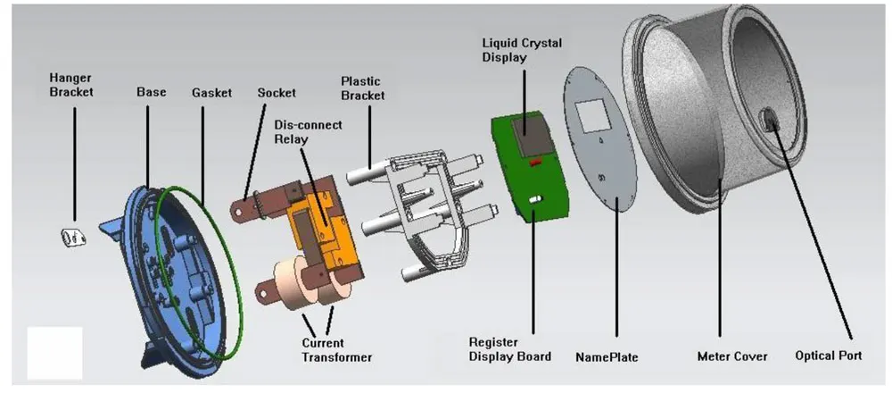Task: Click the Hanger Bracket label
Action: click(72, 84)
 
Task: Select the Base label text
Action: click(152, 91)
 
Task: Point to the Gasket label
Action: click(211, 91)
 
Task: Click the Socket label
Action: click(277, 92)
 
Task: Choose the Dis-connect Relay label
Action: click(308, 133)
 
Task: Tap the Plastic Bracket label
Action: click(364, 88)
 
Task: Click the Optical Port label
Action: click(828, 355)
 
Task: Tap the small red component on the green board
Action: click(535, 163)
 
